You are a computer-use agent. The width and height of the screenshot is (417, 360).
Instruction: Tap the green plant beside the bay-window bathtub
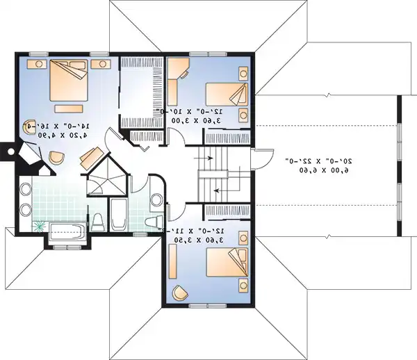pos(39,226)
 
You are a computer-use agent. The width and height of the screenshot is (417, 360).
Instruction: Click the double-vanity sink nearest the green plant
pos(26,209)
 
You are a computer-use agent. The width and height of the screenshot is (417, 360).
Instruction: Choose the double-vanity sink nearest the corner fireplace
pos(26,188)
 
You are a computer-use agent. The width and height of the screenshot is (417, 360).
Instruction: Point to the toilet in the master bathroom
pos(98,222)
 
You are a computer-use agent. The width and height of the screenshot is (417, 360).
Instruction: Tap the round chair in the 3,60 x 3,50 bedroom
pos(180,293)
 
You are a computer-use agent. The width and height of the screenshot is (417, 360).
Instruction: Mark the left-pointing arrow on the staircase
pos(220,188)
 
